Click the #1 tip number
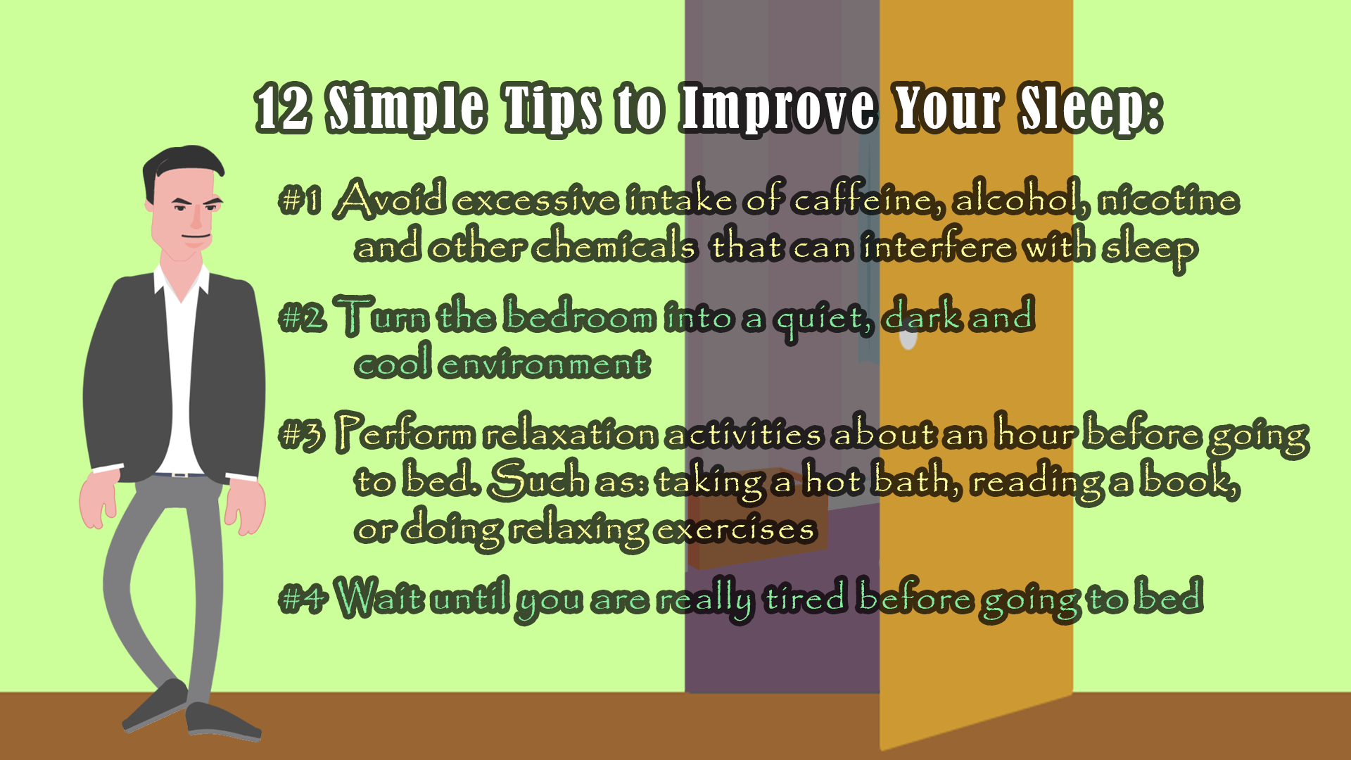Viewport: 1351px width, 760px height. coord(300,200)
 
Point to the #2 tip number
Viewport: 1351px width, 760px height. coord(303,317)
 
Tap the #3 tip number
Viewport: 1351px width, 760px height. coord(302,434)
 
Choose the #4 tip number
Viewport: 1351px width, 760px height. coord(303,599)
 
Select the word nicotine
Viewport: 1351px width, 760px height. coord(1169,200)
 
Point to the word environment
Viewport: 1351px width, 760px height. coord(545,365)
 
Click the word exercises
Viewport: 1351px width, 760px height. coord(735,528)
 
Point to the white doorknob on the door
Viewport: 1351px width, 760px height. coord(908,338)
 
